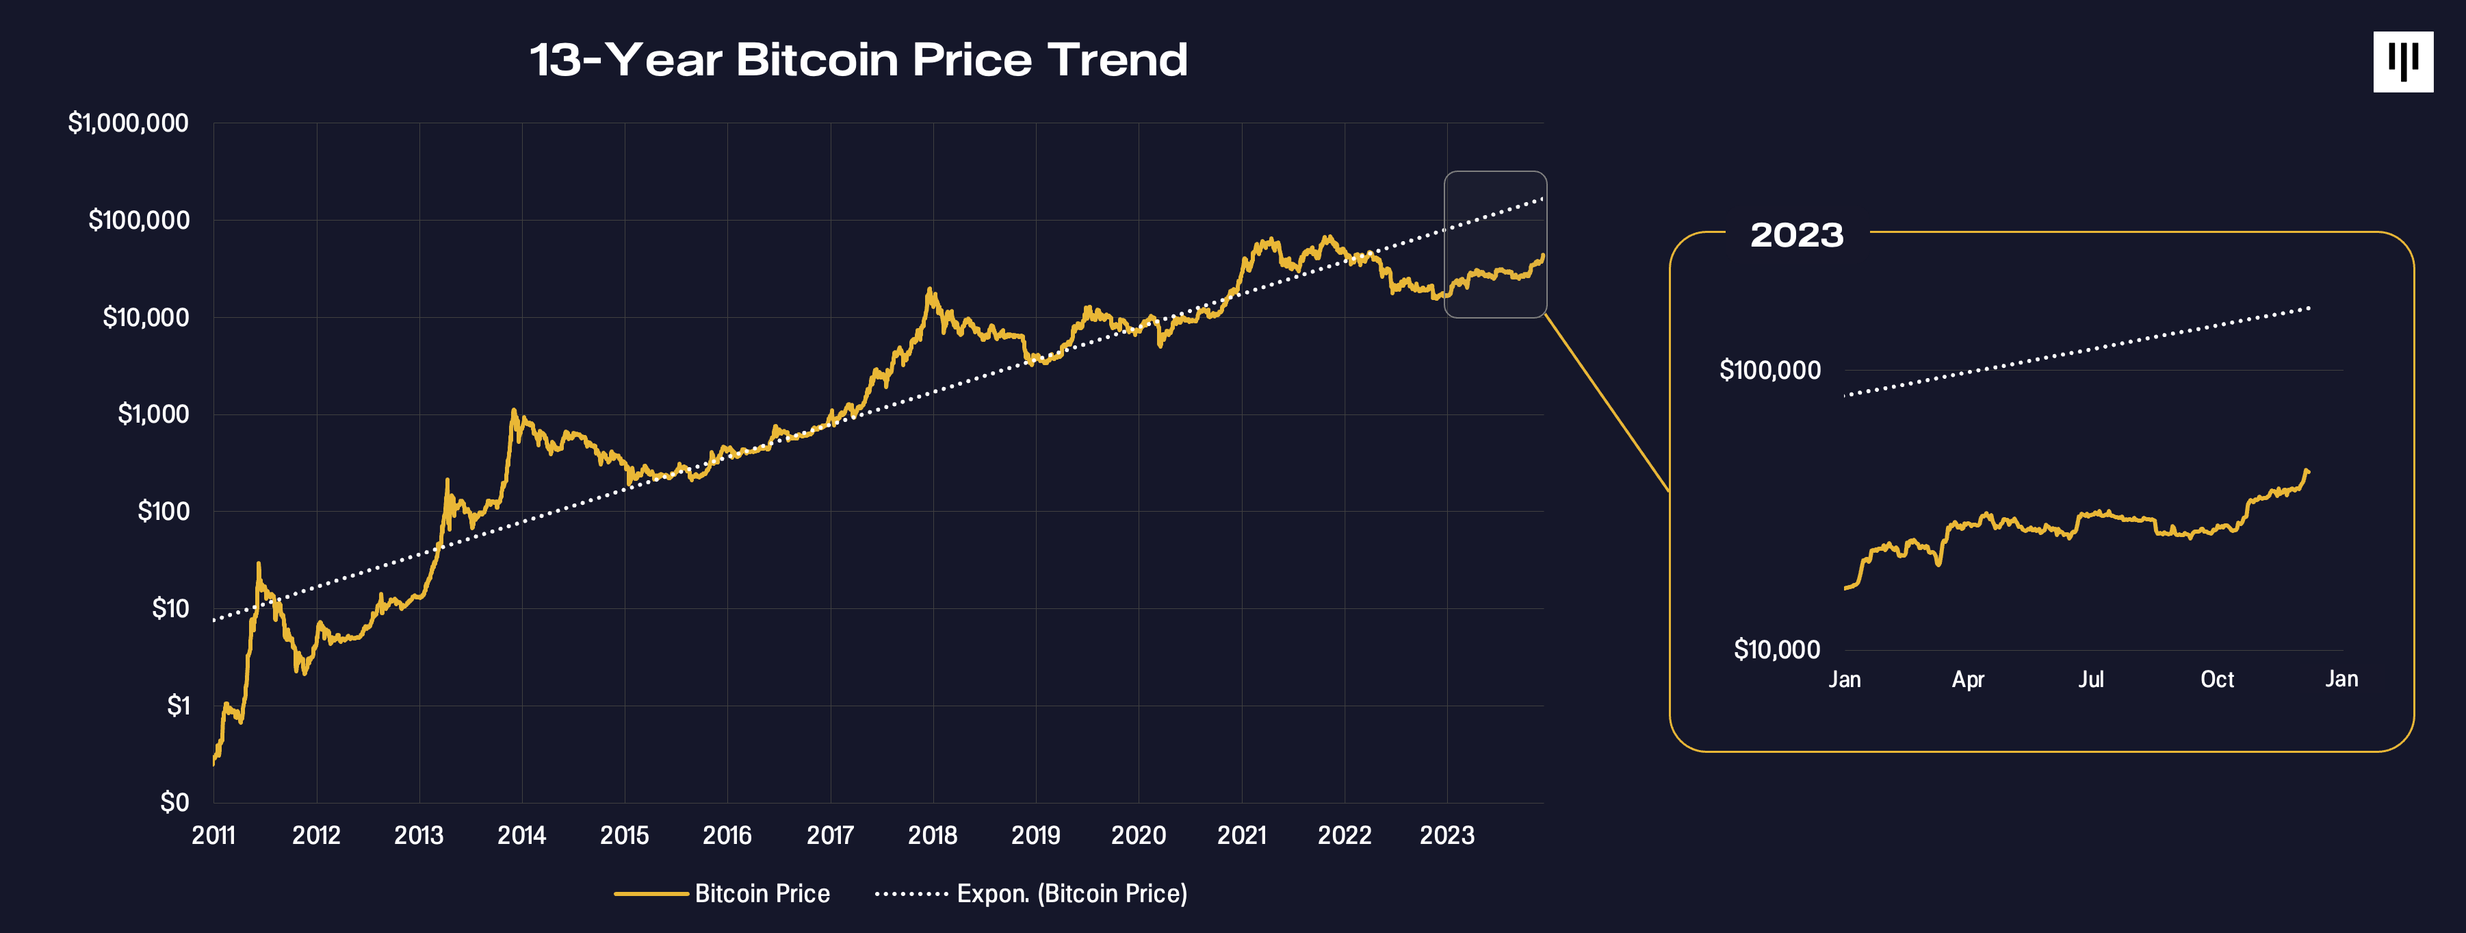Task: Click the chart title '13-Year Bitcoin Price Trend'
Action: click(859, 60)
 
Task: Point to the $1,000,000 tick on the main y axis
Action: click(128, 123)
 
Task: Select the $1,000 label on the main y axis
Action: click(153, 414)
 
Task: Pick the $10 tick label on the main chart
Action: click(170, 609)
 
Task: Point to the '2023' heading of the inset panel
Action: click(1797, 236)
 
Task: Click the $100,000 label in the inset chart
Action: click(1770, 371)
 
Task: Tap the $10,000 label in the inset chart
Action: click(1777, 650)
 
